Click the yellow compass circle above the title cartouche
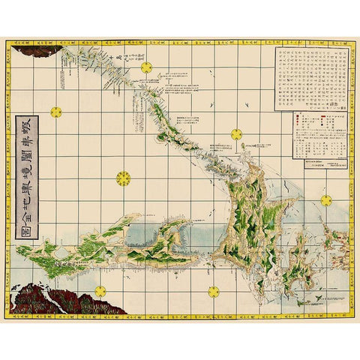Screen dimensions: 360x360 [55, 112]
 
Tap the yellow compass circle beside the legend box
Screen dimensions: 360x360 [236, 134]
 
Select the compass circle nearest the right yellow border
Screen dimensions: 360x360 [326, 200]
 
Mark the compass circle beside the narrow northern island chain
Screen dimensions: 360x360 [146, 68]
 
